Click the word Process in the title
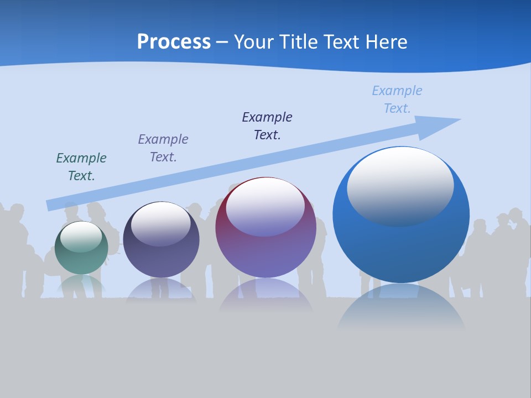(174, 42)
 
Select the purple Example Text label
(163, 148)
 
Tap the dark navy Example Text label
(267, 126)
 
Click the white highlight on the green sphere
(81, 237)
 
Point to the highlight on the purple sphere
(265, 207)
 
